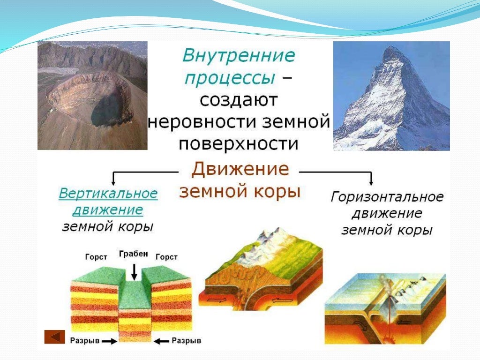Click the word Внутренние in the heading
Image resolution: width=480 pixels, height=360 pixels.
[x=239, y=56]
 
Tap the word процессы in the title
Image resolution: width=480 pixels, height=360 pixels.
[x=229, y=78]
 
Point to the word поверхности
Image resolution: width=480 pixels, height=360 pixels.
[x=239, y=143]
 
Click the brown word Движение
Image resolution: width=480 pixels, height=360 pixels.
[x=240, y=169]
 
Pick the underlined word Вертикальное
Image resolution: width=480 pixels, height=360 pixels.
[x=108, y=194]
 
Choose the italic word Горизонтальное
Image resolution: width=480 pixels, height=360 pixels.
[x=387, y=197]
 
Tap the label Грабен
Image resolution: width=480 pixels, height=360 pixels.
[x=134, y=254]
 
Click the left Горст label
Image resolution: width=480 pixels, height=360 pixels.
[x=96, y=257]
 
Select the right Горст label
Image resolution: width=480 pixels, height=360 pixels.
[x=166, y=257]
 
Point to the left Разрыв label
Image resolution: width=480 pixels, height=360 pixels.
[x=84, y=341]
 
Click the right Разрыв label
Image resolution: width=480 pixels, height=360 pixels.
[x=187, y=341]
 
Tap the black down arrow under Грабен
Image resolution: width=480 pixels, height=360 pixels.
[x=134, y=272]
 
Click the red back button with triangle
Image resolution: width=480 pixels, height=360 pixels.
[x=55, y=337]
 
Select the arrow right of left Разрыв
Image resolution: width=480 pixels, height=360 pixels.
[x=110, y=341]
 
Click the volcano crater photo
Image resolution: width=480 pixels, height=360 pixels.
[x=92, y=96]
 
